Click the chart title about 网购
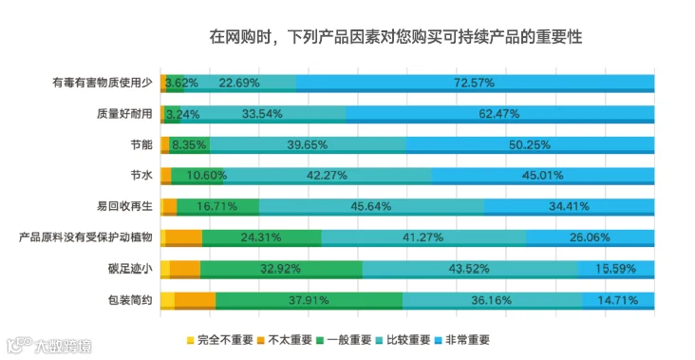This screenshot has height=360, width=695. (395, 37)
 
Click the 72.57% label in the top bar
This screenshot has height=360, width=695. (474, 83)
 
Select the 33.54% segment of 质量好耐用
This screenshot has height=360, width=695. (263, 114)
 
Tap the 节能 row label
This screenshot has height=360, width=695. (141, 144)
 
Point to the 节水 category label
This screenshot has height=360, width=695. (141, 176)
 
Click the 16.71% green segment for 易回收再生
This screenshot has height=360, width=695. (218, 207)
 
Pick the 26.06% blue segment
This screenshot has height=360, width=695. (590, 238)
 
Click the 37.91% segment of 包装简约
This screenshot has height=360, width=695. (309, 300)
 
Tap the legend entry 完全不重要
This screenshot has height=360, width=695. (220, 340)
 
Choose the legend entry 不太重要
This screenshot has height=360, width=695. (285, 340)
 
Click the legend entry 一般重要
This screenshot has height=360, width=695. (344, 340)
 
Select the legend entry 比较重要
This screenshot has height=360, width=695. (403, 340)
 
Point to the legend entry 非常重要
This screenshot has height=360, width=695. (462, 340)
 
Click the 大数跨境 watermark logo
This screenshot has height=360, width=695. (49, 345)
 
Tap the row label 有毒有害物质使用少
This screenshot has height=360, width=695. (103, 83)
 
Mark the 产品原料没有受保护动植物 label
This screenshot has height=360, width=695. (85, 237)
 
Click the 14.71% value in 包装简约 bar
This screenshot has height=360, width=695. (617, 300)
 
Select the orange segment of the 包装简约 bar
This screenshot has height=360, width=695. (195, 300)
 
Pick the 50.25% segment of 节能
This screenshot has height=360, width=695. (530, 145)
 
